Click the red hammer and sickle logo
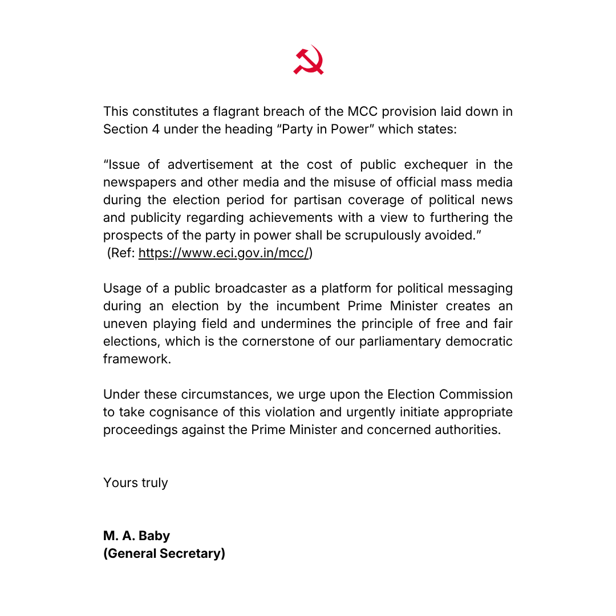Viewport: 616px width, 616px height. pyautogui.click(x=309, y=60)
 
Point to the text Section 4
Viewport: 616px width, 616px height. pyautogui.click(x=131, y=129)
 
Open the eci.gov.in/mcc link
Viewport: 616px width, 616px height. pyautogui.click(x=223, y=253)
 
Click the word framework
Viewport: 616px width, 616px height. pyautogui.click(x=137, y=359)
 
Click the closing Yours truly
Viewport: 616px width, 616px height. pyautogui.click(x=136, y=483)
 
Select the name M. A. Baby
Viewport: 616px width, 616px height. pyautogui.click(x=137, y=536)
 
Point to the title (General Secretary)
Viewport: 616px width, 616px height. pyautogui.click(x=164, y=553)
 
